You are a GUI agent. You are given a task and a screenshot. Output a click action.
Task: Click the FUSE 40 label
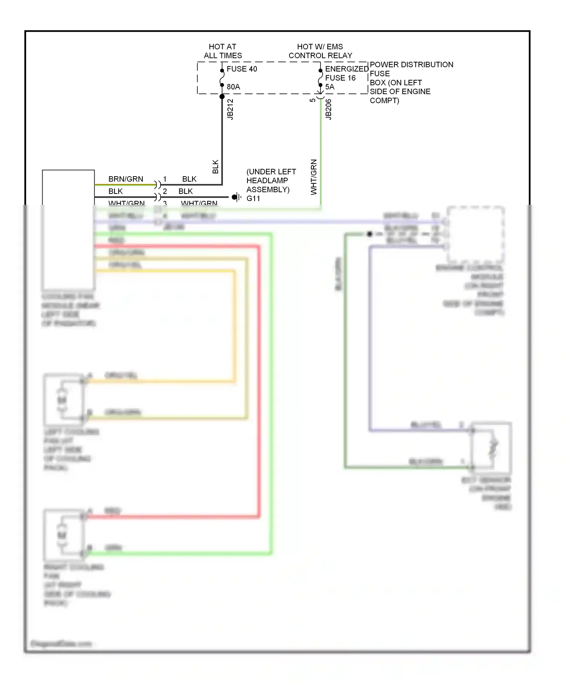click(x=241, y=69)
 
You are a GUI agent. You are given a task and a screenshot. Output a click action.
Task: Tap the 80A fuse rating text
click(x=233, y=87)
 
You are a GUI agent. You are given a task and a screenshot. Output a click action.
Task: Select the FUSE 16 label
click(x=340, y=78)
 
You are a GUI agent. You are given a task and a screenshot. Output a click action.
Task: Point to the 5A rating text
click(x=330, y=87)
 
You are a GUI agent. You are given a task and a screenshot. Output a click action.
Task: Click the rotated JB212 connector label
click(x=231, y=110)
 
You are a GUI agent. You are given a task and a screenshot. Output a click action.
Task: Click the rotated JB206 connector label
click(x=328, y=110)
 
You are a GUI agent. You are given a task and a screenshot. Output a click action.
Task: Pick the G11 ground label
click(x=253, y=198)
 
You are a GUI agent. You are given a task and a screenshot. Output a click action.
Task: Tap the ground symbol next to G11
click(x=237, y=197)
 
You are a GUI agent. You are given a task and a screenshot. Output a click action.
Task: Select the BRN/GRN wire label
click(x=125, y=179)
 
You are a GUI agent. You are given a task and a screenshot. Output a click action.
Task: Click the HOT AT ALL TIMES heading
click(x=223, y=51)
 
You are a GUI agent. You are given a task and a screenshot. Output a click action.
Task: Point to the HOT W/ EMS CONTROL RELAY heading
click(x=320, y=51)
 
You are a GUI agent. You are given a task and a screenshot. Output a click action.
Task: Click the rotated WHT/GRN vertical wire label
click(x=314, y=177)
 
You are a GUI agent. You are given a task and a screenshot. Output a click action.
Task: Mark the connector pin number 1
click(x=165, y=179)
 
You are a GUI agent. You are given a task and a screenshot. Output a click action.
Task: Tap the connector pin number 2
click(x=165, y=191)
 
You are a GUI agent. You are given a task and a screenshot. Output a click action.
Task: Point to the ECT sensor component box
click(x=492, y=448)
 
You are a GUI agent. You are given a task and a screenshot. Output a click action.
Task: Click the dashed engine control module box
click(x=476, y=235)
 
